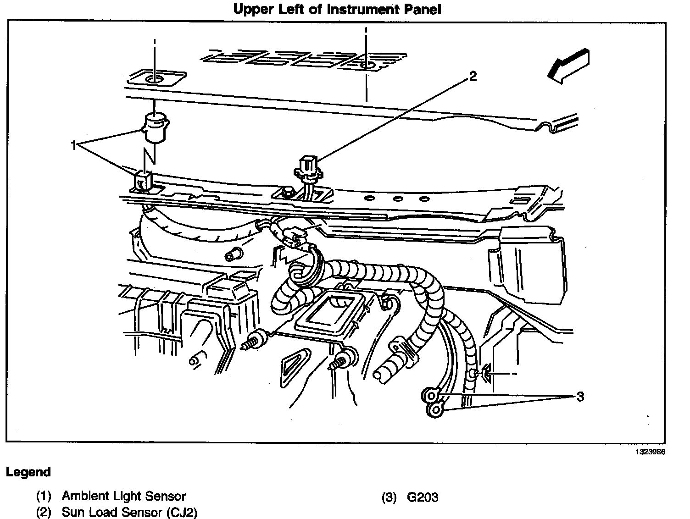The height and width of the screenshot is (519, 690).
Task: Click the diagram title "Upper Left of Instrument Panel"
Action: point(337,10)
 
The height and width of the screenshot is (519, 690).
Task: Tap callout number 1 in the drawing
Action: point(73,145)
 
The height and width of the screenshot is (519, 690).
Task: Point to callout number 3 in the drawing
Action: point(580,397)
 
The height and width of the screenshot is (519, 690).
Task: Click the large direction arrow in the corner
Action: point(568,66)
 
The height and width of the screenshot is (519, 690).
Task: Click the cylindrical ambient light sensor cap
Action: point(155,128)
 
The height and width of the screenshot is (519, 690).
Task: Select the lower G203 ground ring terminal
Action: point(434,409)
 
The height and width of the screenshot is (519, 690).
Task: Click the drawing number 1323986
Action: point(650,452)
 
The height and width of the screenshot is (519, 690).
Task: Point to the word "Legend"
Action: point(28,472)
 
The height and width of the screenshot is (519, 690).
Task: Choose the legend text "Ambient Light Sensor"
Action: point(124,496)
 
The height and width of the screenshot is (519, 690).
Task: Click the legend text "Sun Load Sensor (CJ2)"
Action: point(129,512)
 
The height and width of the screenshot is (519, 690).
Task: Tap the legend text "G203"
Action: point(423,497)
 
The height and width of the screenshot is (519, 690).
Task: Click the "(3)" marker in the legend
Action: point(389,497)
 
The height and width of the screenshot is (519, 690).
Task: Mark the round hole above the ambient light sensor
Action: point(155,79)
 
